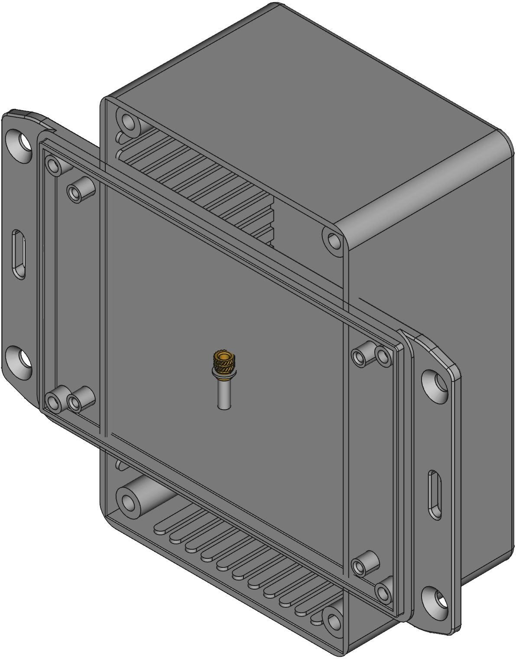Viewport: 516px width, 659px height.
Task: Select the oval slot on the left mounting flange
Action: tap(19, 254)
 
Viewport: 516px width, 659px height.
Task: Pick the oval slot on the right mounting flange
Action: tap(435, 495)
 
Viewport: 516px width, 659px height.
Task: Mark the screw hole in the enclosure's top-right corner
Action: tap(334, 240)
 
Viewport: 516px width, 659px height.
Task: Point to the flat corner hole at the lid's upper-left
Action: tap(54, 165)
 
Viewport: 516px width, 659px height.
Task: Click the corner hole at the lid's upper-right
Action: tap(383, 356)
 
